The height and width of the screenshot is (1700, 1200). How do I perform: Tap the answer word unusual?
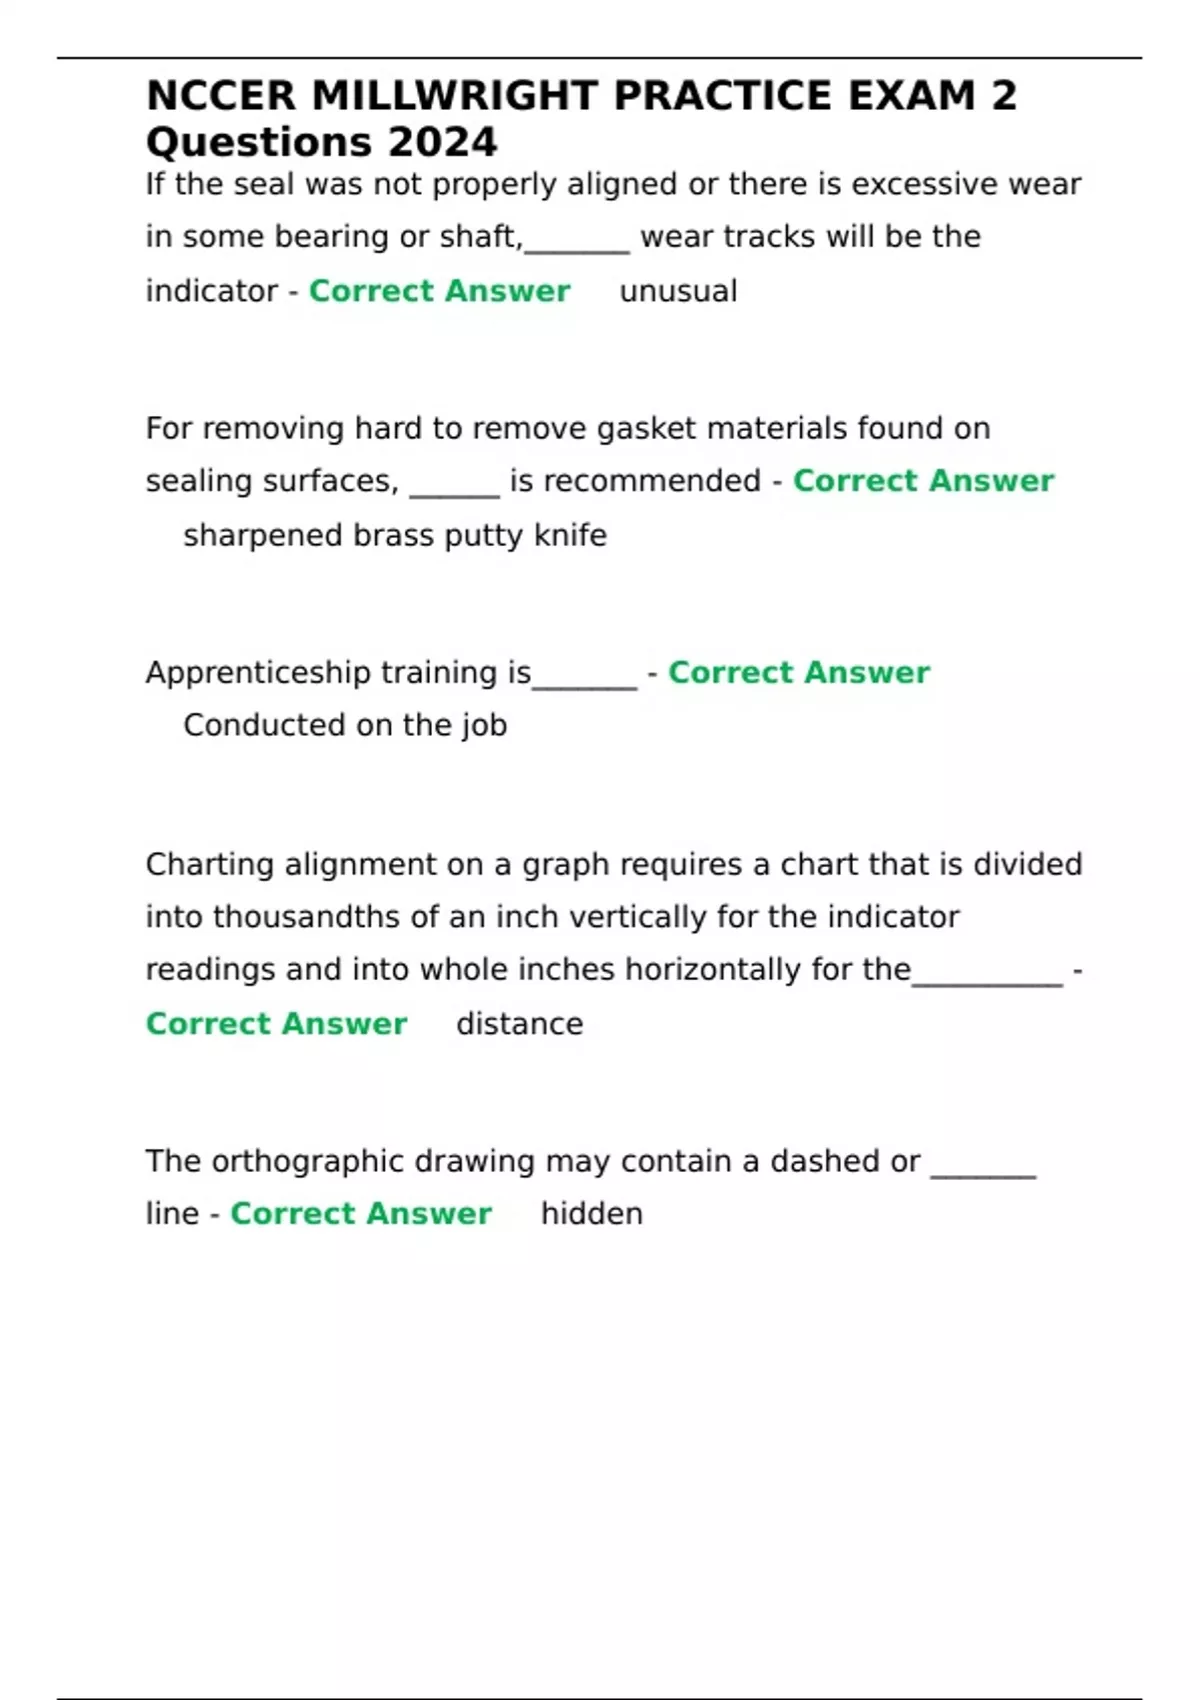pos(678,291)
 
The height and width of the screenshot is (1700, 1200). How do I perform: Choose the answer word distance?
pos(519,1024)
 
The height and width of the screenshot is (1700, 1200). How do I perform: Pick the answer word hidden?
pos(591,1214)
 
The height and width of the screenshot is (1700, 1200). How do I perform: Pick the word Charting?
pos(209,865)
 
